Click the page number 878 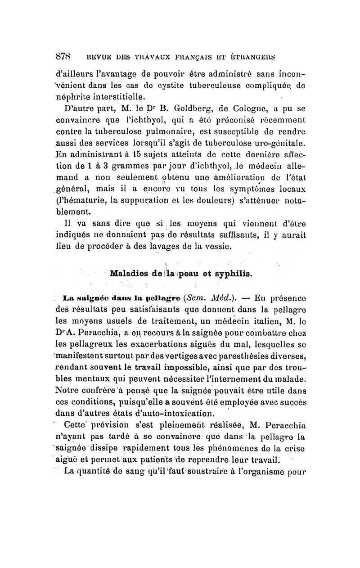click(59, 57)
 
